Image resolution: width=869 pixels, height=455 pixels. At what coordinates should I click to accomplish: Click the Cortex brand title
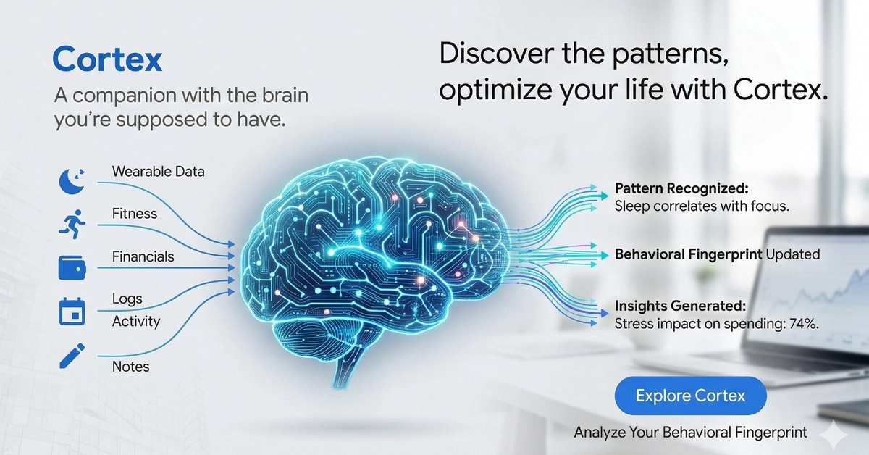tap(108, 59)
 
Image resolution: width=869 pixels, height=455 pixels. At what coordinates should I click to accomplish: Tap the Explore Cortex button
tap(690, 396)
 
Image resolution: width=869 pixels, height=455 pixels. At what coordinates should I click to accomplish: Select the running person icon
tap(71, 222)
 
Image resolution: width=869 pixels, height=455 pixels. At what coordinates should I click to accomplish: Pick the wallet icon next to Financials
tap(71, 267)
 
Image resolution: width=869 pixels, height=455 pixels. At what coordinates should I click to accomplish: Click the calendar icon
tap(71, 311)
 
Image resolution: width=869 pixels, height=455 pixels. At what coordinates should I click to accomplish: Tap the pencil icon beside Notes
tap(71, 355)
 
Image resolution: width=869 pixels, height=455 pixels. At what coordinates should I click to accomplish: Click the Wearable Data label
tap(158, 172)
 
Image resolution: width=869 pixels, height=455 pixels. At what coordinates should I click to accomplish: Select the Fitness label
tap(135, 214)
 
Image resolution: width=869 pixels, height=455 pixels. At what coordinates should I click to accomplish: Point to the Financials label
tap(143, 256)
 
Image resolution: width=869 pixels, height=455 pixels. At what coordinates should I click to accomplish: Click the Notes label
tap(130, 367)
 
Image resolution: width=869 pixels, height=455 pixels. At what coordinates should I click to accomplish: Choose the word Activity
tap(136, 321)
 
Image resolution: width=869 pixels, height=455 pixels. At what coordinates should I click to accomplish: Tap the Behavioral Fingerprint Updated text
tap(717, 254)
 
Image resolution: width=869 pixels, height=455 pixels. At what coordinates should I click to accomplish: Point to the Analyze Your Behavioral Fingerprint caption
tap(690, 433)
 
